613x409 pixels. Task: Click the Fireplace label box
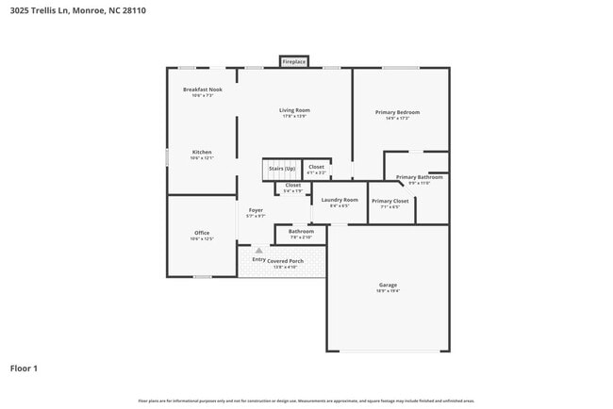click(293, 62)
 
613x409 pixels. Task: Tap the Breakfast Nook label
click(202, 90)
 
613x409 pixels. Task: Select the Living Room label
click(294, 110)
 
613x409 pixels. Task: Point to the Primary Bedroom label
click(402, 112)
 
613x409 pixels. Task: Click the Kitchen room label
click(202, 152)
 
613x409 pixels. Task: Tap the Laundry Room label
click(340, 200)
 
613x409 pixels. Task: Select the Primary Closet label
click(389, 201)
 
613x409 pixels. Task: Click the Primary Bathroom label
click(419, 177)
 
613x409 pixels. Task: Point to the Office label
click(202, 233)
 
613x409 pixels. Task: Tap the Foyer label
click(256, 210)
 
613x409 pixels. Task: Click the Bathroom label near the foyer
click(301, 231)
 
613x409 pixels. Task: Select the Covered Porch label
click(284, 260)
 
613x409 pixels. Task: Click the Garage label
click(387, 285)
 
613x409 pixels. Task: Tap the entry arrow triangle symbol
click(258, 251)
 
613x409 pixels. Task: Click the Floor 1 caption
click(24, 368)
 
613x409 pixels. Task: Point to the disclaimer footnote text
click(306, 401)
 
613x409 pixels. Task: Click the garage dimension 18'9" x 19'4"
click(387, 291)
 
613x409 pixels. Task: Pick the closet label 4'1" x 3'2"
click(316, 173)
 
